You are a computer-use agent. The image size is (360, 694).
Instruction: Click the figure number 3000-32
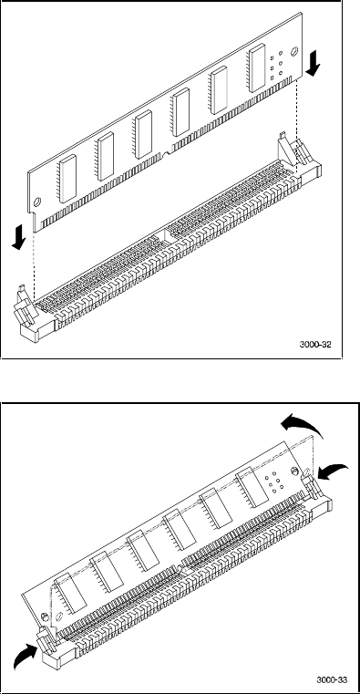click(315, 345)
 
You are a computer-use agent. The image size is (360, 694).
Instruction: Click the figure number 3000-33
click(332, 679)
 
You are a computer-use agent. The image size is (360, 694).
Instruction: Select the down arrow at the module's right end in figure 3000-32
click(314, 62)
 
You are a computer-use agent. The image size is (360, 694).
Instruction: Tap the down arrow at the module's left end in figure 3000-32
click(18, 235)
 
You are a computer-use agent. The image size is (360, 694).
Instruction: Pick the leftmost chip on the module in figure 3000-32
click(67, 179)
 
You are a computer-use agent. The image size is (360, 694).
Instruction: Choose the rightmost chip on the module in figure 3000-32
click(256, 68)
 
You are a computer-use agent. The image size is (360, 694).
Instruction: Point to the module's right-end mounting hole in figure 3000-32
click(294, 52)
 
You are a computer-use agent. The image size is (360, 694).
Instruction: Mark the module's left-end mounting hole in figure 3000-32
click(37, 201)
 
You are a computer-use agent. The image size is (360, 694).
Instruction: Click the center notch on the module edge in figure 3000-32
click(166, 155)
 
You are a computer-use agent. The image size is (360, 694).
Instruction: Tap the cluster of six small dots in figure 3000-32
click(276, 65)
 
